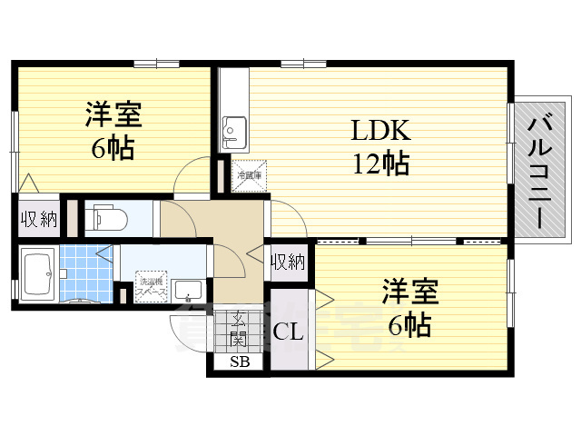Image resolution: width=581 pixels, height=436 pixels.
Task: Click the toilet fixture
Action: tap(107, 218)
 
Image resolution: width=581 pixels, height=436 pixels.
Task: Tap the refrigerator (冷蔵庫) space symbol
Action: tap(249, 175)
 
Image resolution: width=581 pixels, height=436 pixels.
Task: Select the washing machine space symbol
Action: tap(152, 287)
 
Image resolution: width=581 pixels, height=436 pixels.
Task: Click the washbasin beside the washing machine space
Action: tap(188, 291)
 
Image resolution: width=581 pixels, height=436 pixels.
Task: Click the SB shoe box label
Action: tap(240, 362)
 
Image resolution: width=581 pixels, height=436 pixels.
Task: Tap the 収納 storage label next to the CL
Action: tap(288, 263)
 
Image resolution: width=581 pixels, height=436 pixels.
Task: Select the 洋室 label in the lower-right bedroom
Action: tap(410, 292)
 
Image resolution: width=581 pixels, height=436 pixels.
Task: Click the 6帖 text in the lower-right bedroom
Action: tap(410, 323)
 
